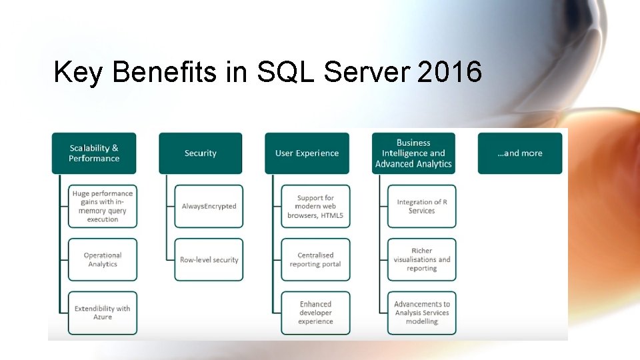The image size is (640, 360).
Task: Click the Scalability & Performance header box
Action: click(94, 153)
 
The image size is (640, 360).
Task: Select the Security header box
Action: click(201, 153)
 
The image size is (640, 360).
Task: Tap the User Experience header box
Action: click(307, 153)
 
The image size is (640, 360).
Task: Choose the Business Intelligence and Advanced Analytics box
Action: click(413, 153)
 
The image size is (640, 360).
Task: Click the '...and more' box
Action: click(520, 153)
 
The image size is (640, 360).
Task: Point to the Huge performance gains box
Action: click(103, 207)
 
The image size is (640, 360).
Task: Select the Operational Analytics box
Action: click(103, 259)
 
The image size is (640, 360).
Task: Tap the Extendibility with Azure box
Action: click(103, 313)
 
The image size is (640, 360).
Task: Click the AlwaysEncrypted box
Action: click(209, 207)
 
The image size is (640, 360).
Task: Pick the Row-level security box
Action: click(209, 259)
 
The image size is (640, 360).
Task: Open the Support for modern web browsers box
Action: click(315, 207)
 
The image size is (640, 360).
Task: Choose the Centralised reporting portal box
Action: click(315, 259)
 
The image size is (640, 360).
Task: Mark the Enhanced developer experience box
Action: click(315, 313)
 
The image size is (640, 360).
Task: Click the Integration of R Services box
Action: click(422, 207)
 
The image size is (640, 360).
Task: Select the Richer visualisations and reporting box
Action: click(422, 259)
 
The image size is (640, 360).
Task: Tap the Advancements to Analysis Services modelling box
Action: click(422, 313)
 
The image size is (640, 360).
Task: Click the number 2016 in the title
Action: click(449, 72)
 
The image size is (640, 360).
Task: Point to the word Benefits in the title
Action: click(165, 72)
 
